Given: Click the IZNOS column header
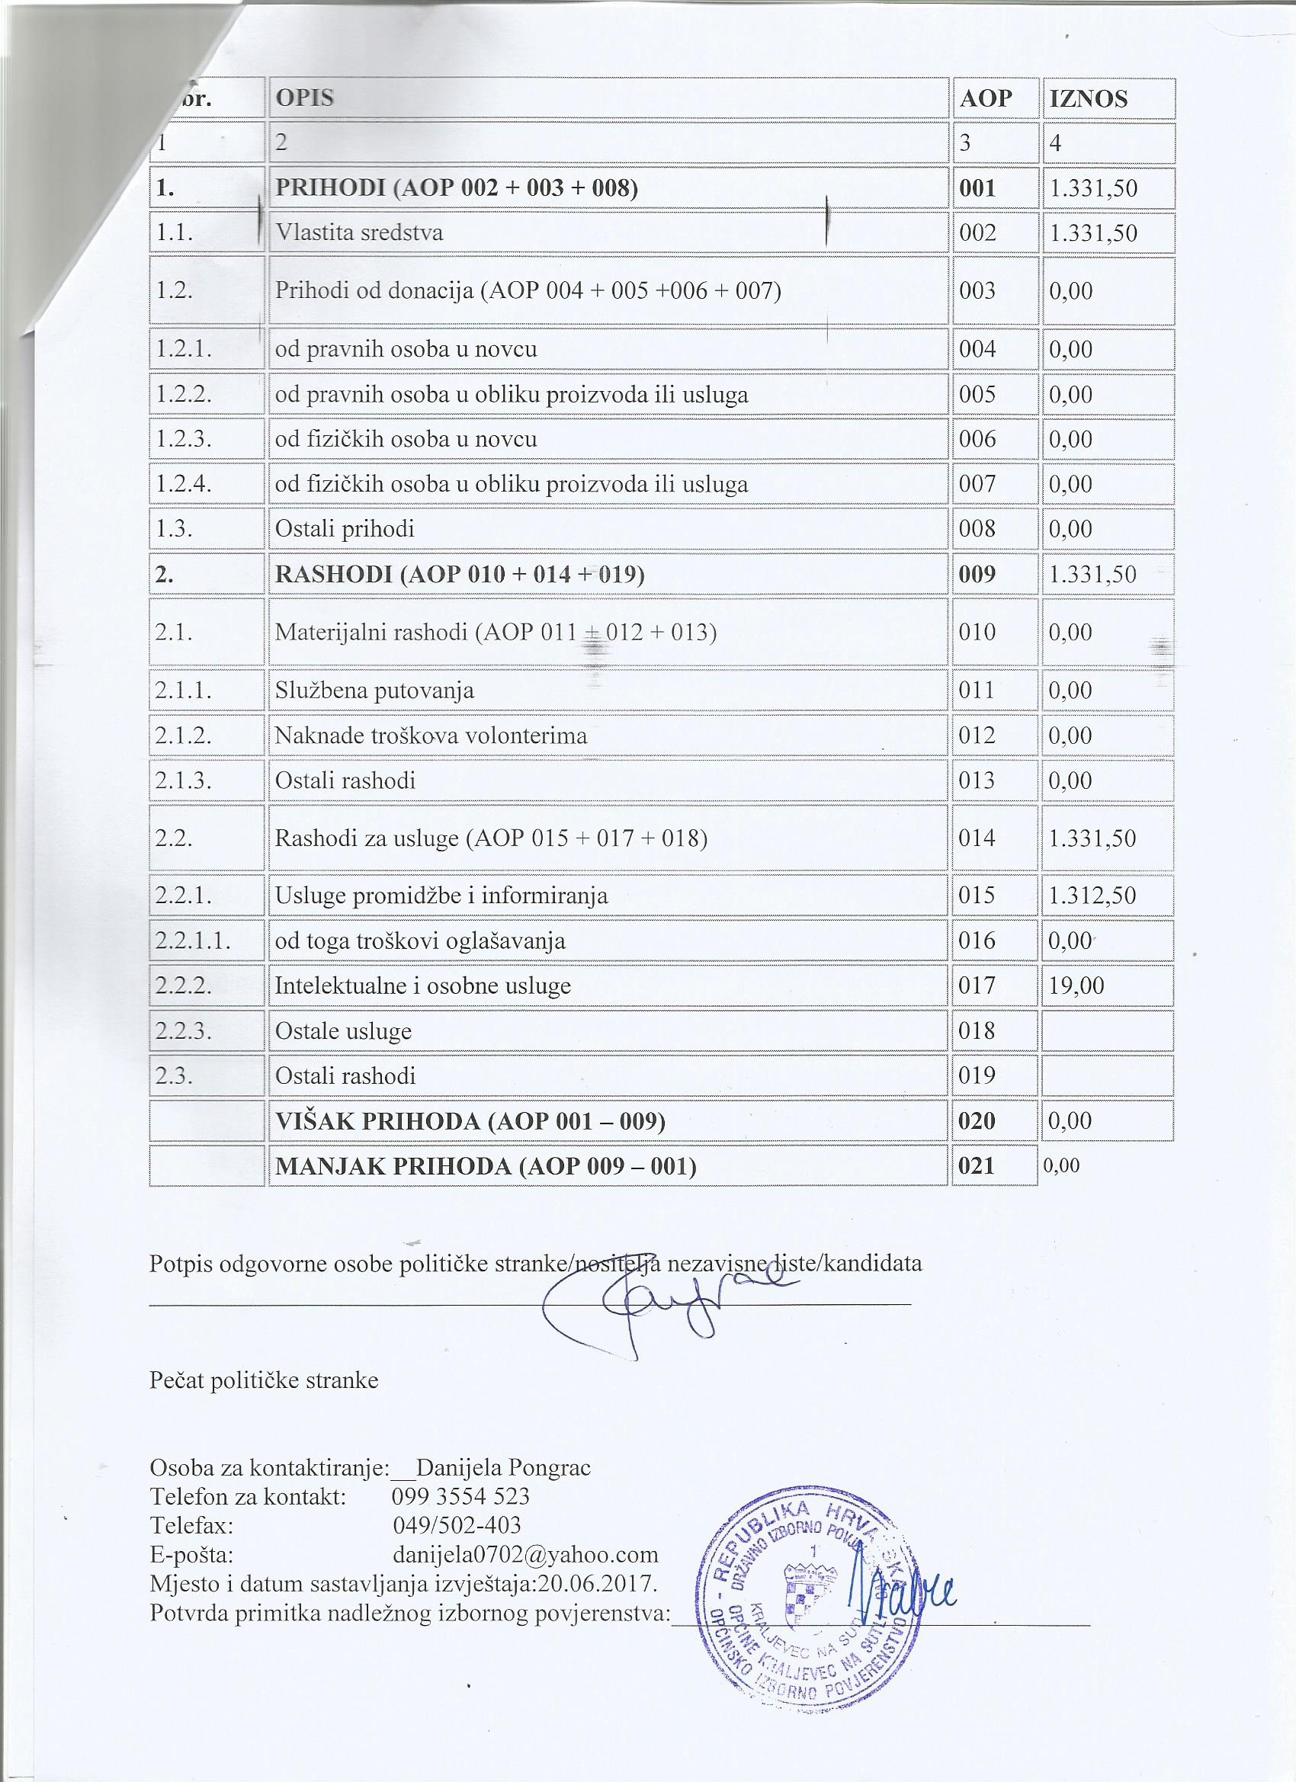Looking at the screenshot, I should pos(1088,98).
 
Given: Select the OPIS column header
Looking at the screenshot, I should pos(304,98).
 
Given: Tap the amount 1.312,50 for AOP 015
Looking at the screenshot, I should pos(1092,895).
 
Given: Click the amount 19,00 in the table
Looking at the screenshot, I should pos(1076,986).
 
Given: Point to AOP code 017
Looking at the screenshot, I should pos(977,986).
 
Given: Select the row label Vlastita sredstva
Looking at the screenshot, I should pos(359,232).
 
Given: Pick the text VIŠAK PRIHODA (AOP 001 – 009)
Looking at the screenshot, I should pos(470,1120).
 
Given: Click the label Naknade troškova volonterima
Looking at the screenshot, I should pos(431,736).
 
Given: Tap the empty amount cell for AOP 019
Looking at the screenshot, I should pos(1107,1075).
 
